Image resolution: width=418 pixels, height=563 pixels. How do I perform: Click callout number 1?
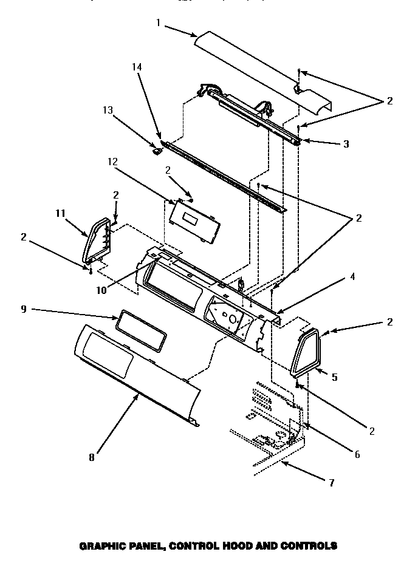click(x=157, y=22)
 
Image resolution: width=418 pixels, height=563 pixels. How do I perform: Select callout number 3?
click(x=346, y=144)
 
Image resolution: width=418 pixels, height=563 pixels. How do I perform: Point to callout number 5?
click(x=335, y=377)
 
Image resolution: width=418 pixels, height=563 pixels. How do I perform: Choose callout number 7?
click(x=331, y=483)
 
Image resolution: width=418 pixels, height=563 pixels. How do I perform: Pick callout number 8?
click(x=91, y=457)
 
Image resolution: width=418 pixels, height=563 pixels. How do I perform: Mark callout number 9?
click(x=24, y=309)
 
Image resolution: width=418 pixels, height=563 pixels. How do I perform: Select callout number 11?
click(x=60, y=213)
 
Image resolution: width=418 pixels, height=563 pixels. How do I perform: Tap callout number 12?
click(x=112, y=162)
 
